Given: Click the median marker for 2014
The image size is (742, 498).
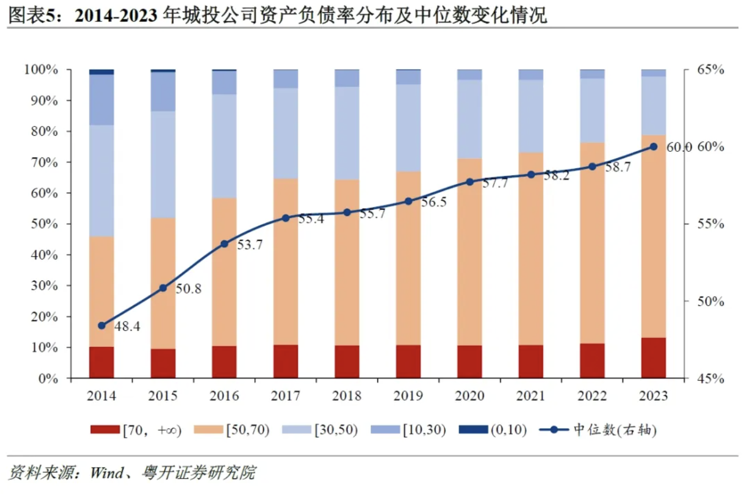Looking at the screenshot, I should click(x=102, y=325).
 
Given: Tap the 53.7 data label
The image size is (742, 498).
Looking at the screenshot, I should click(x=250, y=245).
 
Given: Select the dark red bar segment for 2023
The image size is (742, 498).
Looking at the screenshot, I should click(x=653, y=358).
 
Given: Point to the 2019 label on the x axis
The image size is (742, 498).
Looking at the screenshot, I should click(x=408, y=396).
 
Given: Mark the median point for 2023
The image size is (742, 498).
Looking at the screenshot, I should click(x=653, y=147).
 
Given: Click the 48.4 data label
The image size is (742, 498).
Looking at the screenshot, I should click(x=128, y=326).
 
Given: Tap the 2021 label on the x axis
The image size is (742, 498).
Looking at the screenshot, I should click(x=531, y=396).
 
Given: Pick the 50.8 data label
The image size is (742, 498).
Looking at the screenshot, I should click(x=189, y=289).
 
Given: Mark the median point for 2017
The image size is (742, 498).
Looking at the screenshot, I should click(x=285, y=218).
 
